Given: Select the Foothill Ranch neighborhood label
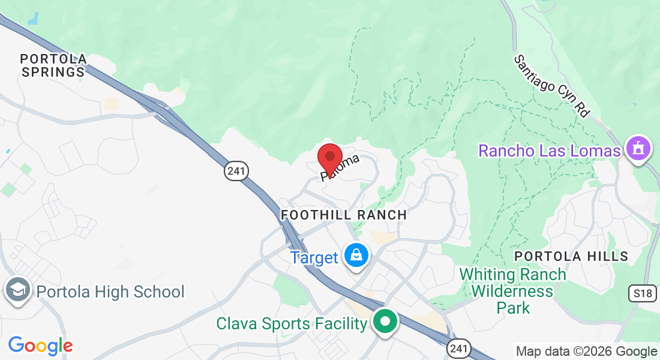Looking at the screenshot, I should click(x=344, y=215).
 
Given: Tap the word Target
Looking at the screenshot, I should click(x=314, y=258).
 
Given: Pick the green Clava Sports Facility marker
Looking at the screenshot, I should click(x=385, y=322).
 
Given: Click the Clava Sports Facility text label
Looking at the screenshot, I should click(x=292, y=324).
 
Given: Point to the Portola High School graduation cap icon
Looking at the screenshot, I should click(x=18, y=290).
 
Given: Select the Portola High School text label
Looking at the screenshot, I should click(x=110, y=292).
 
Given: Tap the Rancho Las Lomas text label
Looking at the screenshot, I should click(x=549, y=151).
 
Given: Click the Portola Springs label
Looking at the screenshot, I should click(x=53, y=65).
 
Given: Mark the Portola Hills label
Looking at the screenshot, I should click(x=571, y=256).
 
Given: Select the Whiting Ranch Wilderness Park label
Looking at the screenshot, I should click(x=513, y=291).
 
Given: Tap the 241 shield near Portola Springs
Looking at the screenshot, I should click(x=236, y=172).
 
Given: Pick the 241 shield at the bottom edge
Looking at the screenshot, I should click(x=458, y=348).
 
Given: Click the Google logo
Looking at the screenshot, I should click(x=40, y=346).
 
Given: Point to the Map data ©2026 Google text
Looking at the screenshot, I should click(x=586, y=352).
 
